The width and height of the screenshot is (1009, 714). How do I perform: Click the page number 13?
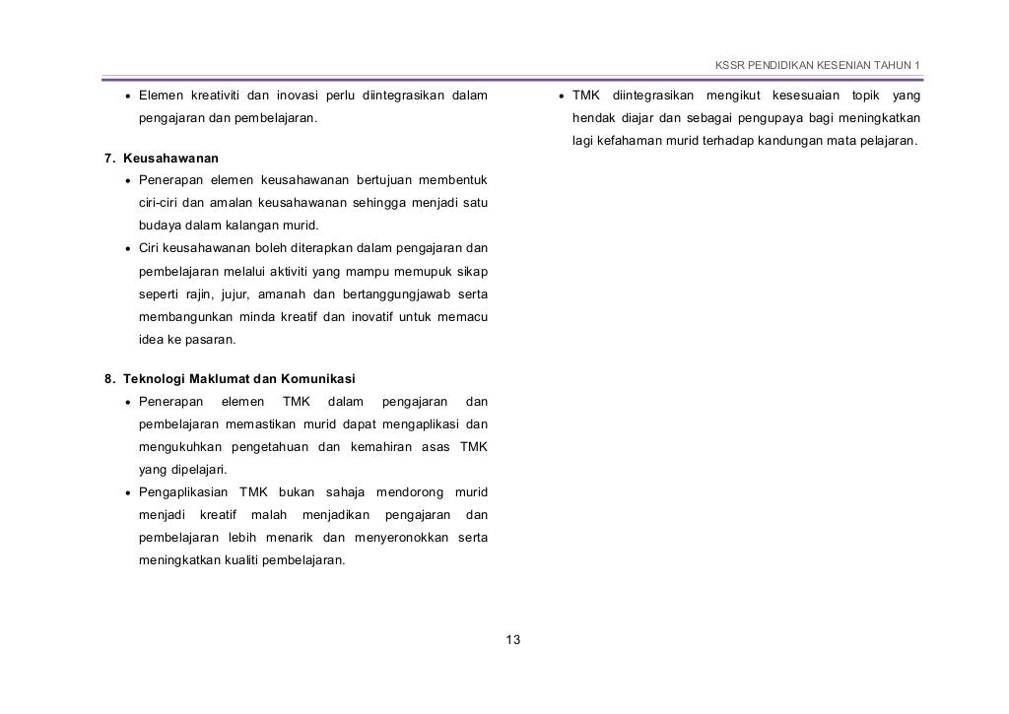click(x=512, y=641)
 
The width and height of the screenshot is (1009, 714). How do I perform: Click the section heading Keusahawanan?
click(x=170, y=158)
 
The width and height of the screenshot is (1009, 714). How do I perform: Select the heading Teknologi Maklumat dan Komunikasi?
click(x=239, y=379)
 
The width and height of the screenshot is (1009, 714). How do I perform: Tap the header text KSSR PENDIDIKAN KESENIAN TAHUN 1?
click(x=817, y=66)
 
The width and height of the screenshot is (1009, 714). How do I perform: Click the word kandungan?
click(x=780, y=141)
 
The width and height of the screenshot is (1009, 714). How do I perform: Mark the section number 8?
click(x=109, y=379)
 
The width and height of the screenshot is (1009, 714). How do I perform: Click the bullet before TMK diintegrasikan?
click(x=559, y=97)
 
